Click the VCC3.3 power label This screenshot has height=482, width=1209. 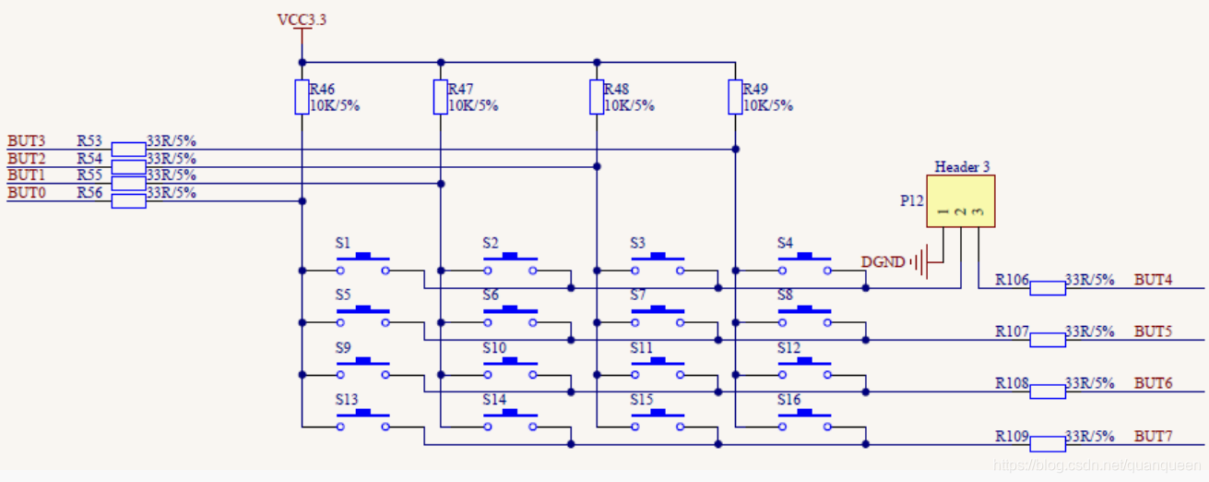click(302, 19)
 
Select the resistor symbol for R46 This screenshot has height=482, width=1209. click(302, 97)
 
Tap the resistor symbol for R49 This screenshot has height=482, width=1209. click(735, 97)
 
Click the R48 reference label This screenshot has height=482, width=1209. click(616, 90)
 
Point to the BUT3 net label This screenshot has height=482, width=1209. click(26, 141)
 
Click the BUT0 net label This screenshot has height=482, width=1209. click(26, 193)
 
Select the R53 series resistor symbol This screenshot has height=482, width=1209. click(128, 149)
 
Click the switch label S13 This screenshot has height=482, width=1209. click(347, 400)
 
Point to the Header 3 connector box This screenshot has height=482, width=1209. click(961, 202)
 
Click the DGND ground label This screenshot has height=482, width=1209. click(883, 262)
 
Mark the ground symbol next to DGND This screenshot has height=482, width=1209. click(919, 263)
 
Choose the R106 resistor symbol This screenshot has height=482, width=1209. click(1047, 288)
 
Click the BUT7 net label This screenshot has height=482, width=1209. click(1153, 436)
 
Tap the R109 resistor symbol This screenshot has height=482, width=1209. click(1047, 444)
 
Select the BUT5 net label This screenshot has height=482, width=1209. click(1153, 331)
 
